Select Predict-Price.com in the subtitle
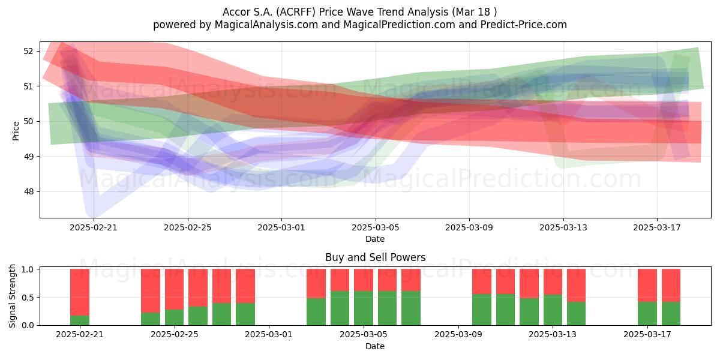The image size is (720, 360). (x=524, y=25)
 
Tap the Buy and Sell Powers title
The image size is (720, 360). (x=375, y=257)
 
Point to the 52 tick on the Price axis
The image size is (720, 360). (x=28, y=51)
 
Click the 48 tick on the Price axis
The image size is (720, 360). (x=28, y=192)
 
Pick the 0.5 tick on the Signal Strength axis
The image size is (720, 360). (x=28, y=298)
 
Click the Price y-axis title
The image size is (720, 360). (x=16, y=131)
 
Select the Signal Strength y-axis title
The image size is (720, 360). (x=12, y=296)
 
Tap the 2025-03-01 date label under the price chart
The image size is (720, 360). (x=281, y=227)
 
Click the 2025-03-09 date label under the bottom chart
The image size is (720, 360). (x=458, y=335)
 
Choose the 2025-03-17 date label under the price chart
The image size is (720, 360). (x=657, y=227)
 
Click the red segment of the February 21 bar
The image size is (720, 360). (x=80, y=292)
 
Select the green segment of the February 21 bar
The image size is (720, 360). (x=80, y=320)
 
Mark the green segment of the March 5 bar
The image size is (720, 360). (x=364, y=308)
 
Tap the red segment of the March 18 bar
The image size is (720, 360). (x=671, y=286)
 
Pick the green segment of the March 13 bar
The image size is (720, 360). (x=553, y=310)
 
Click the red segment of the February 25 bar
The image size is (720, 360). (x=174, y=289)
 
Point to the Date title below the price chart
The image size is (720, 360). (x=375, y=239)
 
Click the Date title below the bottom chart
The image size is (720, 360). (x=375, y=346)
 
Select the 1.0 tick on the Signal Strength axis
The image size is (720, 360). (x=28, y=269)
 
